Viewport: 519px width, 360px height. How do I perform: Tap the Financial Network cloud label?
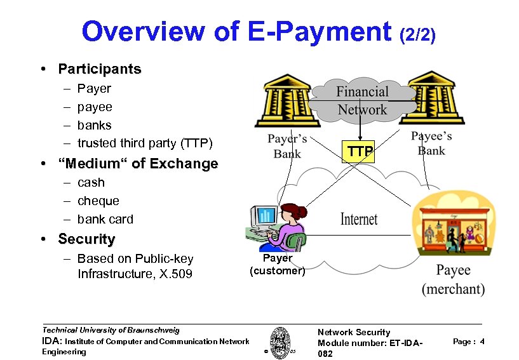coord(361,101)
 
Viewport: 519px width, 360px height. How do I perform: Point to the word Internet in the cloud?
coord(359,219)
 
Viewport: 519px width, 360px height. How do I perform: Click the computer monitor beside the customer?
coord(265,216)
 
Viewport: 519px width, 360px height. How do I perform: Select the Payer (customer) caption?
coord(277,265)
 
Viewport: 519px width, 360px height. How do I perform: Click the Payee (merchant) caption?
coord(453,279)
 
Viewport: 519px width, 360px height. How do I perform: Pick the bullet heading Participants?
coord(99,69)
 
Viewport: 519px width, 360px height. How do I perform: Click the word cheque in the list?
coord(98,201)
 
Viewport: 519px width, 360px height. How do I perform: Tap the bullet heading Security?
coord(86,239)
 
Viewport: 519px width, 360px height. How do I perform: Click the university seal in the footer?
coord(280,343)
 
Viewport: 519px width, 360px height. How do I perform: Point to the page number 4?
coord(483,342)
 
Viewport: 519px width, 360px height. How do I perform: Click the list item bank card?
coord(105,219)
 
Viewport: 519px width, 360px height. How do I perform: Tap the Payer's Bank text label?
coord(287,146)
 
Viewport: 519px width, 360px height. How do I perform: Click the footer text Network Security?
coord(353,332)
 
